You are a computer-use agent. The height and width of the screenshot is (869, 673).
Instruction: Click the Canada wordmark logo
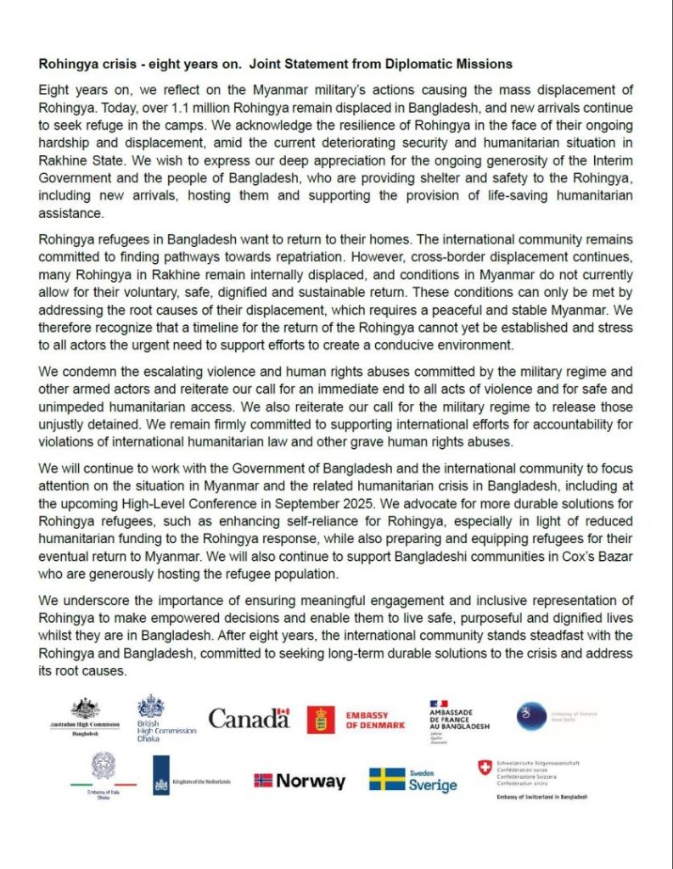(249, 719)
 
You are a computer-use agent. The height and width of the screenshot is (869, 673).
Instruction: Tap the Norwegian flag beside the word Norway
(263, 781)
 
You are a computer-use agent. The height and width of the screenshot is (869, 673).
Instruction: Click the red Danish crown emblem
(321, 720)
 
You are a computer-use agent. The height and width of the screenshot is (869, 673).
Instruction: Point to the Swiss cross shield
(485, 767)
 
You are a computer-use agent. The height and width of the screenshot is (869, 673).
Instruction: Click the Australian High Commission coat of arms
(85, 709)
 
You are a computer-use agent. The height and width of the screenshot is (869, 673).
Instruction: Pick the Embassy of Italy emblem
(103, 768)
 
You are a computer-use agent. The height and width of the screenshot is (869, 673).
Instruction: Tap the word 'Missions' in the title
(485, 64)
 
